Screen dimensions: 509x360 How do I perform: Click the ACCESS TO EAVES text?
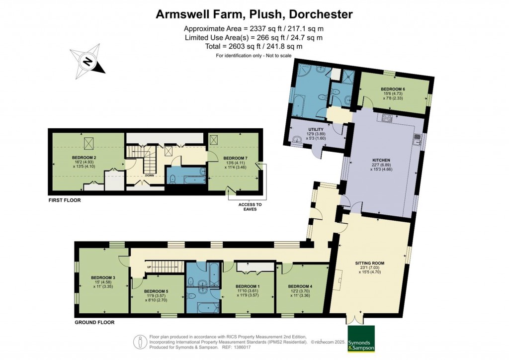click(x=250, y=207)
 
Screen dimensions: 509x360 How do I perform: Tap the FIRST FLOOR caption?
click(x=64, y=200)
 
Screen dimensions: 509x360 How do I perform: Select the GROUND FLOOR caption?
click(x=94, y=322)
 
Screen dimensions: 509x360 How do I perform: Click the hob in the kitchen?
click(x=386, y=118)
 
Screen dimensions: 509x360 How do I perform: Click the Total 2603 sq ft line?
click(x=254, y=46)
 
